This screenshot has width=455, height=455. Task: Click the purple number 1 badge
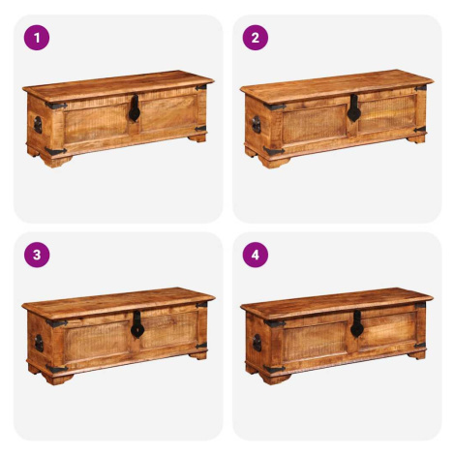(37, 38)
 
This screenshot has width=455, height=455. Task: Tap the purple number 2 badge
(256, 38)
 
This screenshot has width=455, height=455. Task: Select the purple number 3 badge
(37, 255)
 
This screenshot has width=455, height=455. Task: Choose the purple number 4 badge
(256, 255)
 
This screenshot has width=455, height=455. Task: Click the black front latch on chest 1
(135, 108)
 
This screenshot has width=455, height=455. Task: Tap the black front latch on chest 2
(353, 108)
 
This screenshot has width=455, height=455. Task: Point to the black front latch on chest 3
(137, 324)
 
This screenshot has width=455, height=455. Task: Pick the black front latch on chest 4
(357, 324)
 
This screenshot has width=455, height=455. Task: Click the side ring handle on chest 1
(38, 125)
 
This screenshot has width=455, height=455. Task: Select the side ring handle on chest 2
(257, 125)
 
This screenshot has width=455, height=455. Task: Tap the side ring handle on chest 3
(39, 344)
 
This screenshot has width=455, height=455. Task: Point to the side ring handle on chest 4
(258, 343)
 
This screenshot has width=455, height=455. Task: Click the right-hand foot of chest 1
(197, 138)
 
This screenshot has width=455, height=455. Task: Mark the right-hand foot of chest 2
(416, 139)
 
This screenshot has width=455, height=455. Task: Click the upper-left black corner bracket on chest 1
(56, 106)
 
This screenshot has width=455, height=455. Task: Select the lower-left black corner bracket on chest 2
(274, 151)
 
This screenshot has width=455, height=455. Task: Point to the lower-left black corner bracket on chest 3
(57, 369)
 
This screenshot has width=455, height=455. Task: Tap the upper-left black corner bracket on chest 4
(275, 322)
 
